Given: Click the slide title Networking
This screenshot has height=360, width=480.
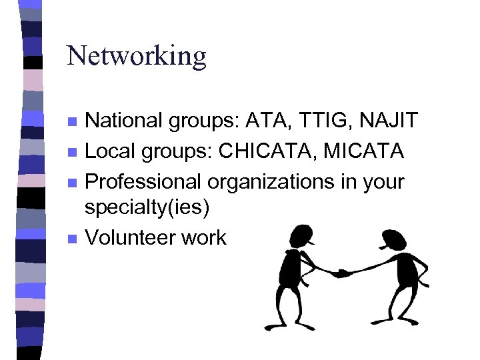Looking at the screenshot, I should tap(137, 55).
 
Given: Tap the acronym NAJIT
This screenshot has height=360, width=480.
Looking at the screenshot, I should tap(389, 121).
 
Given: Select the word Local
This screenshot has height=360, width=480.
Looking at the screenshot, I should tap(109, 151).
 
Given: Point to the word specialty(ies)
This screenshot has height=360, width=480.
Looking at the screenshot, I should tap(147, 207).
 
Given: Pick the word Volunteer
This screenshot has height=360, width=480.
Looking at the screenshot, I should tap(127, 237).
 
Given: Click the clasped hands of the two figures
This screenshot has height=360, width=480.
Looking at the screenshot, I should tap(342, 273).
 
